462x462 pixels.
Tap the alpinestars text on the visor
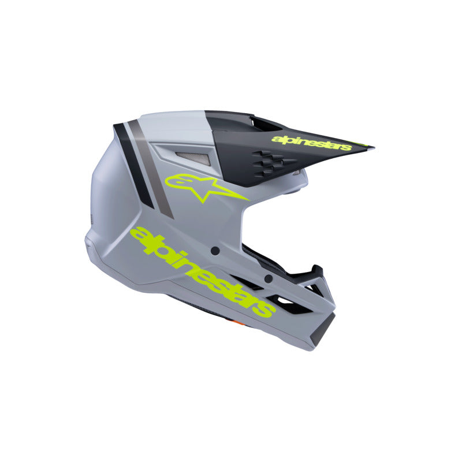point(311,142)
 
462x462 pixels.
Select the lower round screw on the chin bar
point(268,278)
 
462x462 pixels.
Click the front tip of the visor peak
point(370,147)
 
